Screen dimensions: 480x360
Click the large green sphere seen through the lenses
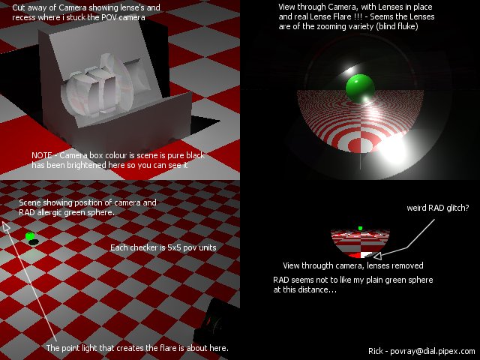pos(360,88)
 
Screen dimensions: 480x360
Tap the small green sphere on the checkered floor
pos(30,235)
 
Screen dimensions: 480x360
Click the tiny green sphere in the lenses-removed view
pos(360,228)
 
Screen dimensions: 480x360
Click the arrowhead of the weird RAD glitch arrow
pos(377,255)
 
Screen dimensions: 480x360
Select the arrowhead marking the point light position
pos(6,226)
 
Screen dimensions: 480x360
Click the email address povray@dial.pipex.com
pos(433,351)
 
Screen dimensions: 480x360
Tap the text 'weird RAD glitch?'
pos(438,208)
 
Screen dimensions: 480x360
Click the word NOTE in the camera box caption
pos(42,155)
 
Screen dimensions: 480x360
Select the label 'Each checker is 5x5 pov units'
pos(163,247)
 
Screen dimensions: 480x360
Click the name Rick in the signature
pos(375,351)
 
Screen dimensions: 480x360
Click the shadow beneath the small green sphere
pos(33,242)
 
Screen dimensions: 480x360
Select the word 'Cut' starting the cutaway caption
pos(19,7)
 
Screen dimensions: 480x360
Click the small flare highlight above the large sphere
pos(348,70)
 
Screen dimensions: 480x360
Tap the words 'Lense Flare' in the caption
pos(330,16)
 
